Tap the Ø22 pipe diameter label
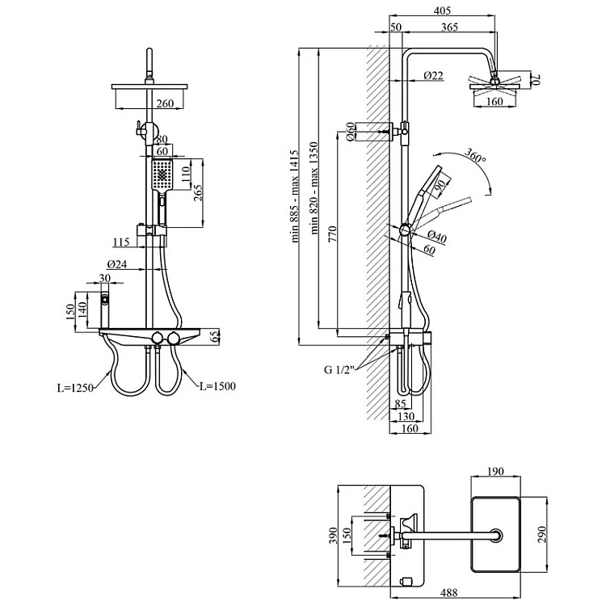click(433, 76)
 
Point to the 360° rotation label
click(476, 159)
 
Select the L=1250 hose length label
click(77, 388)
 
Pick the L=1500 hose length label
click(217, 387)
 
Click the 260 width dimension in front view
click(165, 103)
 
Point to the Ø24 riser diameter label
click(117, 263)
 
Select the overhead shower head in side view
click(494, 84)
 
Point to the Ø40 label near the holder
click(438, 237)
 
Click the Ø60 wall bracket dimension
click(351, 132)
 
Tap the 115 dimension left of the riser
click(122, 242)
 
